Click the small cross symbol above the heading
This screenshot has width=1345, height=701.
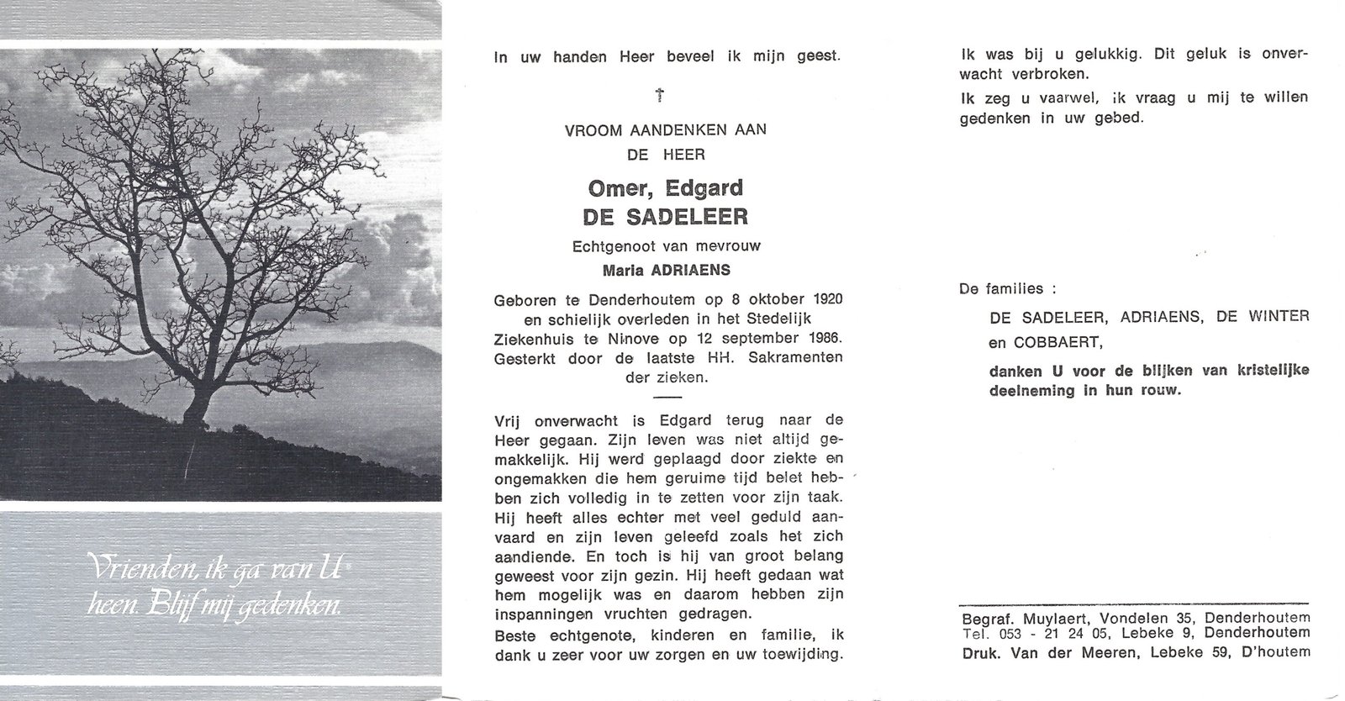coord(661,96)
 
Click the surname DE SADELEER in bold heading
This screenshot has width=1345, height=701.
coord(665,217)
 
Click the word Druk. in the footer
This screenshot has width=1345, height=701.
coord(979,651)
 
